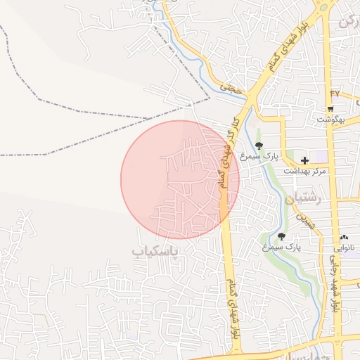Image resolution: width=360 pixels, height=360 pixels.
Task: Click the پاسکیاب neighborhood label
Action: pos(155,250)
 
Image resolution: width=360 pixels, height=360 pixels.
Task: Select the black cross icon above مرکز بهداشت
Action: pos(304,160)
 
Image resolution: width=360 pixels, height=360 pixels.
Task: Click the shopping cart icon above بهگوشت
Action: pos(330,108)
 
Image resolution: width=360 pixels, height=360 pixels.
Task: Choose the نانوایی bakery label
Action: pos(344,248)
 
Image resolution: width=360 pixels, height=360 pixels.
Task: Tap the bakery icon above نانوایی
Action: pos(344,238)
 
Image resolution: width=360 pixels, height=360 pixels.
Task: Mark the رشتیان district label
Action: pos(304,199)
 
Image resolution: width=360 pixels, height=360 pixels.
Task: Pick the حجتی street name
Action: pos(230,89)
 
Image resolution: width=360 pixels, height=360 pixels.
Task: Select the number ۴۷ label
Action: pos(334,93)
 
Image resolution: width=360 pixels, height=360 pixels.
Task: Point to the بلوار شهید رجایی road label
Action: pos(336,281)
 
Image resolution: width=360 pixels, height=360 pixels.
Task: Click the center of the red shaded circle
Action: pos(180,179)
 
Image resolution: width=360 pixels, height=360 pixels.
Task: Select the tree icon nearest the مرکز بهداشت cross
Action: pos(260,146)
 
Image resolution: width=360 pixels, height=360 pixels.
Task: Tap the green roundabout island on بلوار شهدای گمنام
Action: pos(324,6)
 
